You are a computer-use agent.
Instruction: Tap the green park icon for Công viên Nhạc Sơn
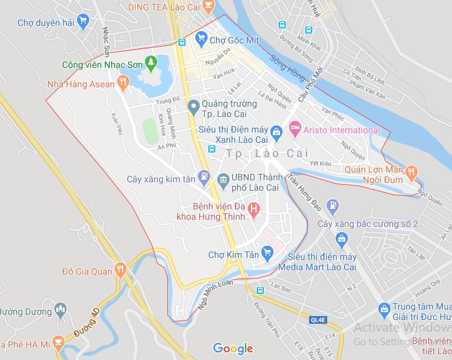(x=151, y=63)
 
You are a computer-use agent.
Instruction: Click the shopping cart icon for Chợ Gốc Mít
(x=200, y=39)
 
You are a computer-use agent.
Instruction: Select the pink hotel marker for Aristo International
(x=295, y=130)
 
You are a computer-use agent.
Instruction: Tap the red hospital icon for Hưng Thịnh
(x=254, y=210)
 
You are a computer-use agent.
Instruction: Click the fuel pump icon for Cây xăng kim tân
(x=204, y=175)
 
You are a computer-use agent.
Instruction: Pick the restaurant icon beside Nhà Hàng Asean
(x=121, y=83)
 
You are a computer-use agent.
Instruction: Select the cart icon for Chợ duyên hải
(x=81, y=21)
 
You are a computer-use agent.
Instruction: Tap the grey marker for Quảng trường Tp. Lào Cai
(x=192, y=105)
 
